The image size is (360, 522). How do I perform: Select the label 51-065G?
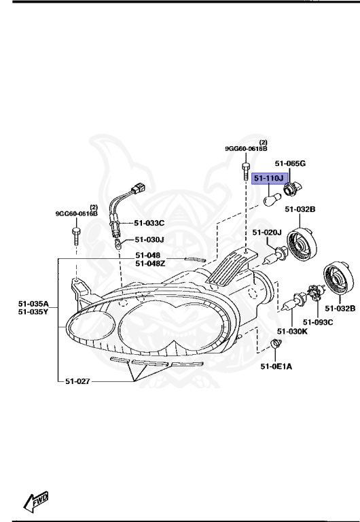tap(290, 164)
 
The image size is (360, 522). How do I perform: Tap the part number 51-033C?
tap(149, 223)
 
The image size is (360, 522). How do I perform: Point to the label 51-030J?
tap(149, 239)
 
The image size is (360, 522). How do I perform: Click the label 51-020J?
tap(267, 232)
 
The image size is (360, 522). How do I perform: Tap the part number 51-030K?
tap(293, 331)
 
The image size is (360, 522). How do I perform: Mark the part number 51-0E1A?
tap(275, 367)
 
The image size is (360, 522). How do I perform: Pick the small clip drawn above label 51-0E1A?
tap(276, 345)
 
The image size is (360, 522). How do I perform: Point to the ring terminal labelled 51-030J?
tap(118, 241)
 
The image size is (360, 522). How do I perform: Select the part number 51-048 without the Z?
tap(147, 256)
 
